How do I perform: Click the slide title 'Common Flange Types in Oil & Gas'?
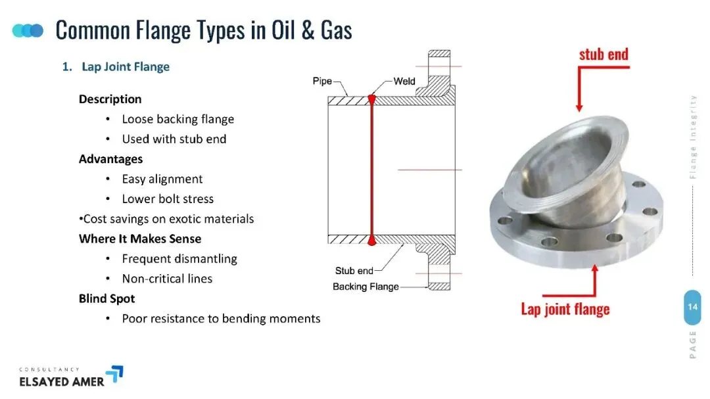pos(204,31)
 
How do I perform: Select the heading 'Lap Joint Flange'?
pos(126,66)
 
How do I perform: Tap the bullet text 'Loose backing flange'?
pos(178,119)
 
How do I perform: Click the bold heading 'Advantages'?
pos(110,159)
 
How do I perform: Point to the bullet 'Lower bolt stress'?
pos(168,199)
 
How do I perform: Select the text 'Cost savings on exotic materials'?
pos(168,219)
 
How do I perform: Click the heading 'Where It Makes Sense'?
pos(140,239)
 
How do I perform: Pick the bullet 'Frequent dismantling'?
pos(179,258)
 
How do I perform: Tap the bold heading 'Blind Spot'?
pos(107,298)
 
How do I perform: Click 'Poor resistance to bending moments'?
pos(221,318)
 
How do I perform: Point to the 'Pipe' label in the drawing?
pos(322,81)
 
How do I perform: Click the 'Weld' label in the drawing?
pos(404,81)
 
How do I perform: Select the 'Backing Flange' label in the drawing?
pos(366,287)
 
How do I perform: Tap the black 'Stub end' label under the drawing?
pos(354,271)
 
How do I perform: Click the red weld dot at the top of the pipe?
pos(371,99)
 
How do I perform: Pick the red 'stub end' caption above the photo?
pos(603,55)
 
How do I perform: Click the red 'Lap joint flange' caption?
pos(565,309)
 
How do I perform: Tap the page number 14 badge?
pos(692,307)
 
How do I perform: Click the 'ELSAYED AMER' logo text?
pos(62,382)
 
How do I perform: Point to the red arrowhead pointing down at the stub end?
pos(579,108)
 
